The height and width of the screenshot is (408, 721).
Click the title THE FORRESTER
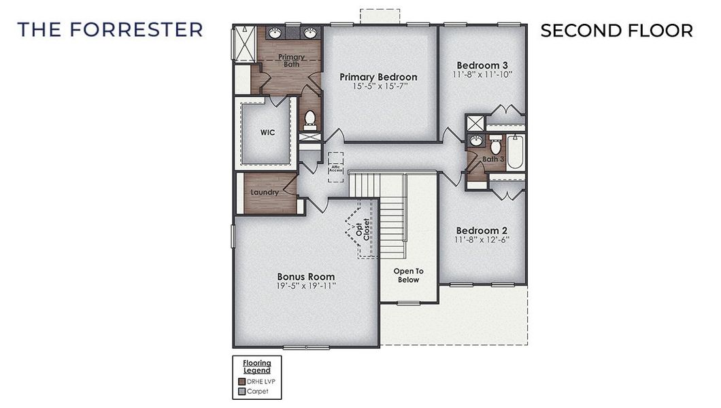(110, 30)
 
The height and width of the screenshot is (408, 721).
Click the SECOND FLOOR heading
(616, 31)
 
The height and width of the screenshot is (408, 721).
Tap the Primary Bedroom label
(378, 77)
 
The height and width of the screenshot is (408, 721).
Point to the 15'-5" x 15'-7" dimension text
(379, 87)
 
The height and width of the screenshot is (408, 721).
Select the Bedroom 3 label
(482, 65)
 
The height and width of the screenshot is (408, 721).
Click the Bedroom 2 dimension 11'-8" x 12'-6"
(482, 239)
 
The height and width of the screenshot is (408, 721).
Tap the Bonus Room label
(305, 277)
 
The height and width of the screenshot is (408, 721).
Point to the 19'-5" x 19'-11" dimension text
(305, 286)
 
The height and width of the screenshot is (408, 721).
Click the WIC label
(267, 133)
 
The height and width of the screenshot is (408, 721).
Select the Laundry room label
(265, 192)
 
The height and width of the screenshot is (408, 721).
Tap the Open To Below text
(408, 275)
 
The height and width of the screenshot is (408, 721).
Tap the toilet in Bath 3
(494, 146)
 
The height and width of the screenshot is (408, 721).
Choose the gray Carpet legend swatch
(240, 390)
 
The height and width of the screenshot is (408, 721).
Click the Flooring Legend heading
(257, 366)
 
